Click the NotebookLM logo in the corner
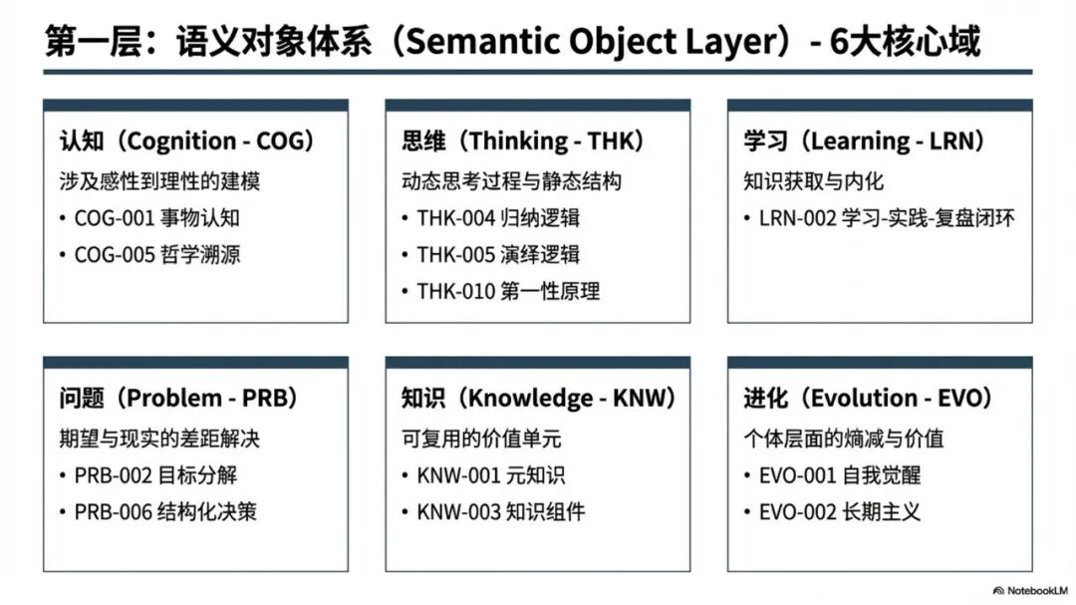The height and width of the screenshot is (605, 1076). [1031, 591]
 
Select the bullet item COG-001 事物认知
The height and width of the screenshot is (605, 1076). [157, 218]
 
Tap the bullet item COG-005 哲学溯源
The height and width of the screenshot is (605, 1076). [157, 255]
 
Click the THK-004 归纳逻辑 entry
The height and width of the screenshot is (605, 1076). [498, 218]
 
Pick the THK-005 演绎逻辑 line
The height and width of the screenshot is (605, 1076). [498, 255]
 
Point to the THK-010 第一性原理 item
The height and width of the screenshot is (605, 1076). [508, 291]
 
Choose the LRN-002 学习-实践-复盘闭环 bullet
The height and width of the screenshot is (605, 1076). [887, 218]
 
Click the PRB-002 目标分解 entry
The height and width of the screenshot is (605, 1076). [155, 475]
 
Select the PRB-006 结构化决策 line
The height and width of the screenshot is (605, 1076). [165, 511]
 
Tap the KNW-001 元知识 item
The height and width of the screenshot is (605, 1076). [490, 475]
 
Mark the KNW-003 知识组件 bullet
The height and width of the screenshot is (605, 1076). [501, 511]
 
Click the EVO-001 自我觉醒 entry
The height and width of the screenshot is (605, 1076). [840, 475]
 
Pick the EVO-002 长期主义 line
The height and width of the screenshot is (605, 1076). [840, 511]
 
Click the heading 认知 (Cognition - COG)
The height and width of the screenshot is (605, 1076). [186, 141]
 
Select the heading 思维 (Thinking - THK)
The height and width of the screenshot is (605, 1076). [523, 141]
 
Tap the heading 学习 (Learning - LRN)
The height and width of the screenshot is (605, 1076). [865, 141]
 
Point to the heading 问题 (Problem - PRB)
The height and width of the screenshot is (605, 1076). [178, 398]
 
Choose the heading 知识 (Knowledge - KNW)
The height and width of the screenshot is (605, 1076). [539, 398]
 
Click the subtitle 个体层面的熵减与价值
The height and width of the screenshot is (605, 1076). [844, 439]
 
